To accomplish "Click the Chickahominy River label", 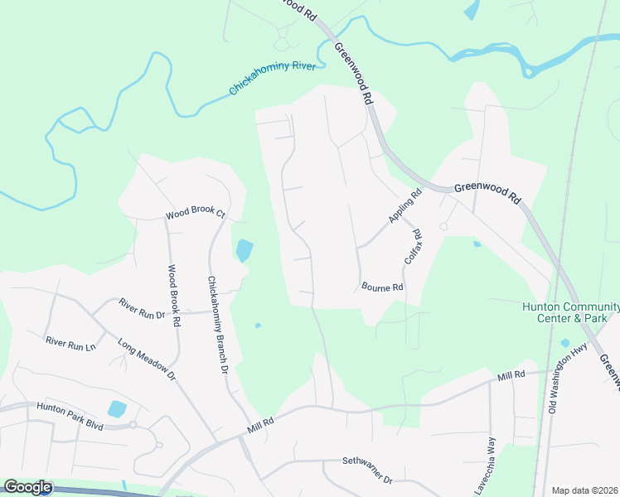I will coord(277,77).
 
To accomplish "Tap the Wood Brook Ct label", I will coord(196,214).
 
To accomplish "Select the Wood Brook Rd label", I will coord(174,297).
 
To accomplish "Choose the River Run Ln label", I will coord(71,341).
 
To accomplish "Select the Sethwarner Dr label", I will coord(366,469).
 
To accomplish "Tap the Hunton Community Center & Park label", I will coord(570,311).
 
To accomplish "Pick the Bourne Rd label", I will coord(382,287).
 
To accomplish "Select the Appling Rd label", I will coord(405,206).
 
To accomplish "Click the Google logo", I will coord(27,487).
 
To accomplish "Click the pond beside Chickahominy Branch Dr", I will coord(244,250).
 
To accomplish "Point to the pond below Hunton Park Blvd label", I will coord(117,409).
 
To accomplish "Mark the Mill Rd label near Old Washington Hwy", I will coord(511,376).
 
